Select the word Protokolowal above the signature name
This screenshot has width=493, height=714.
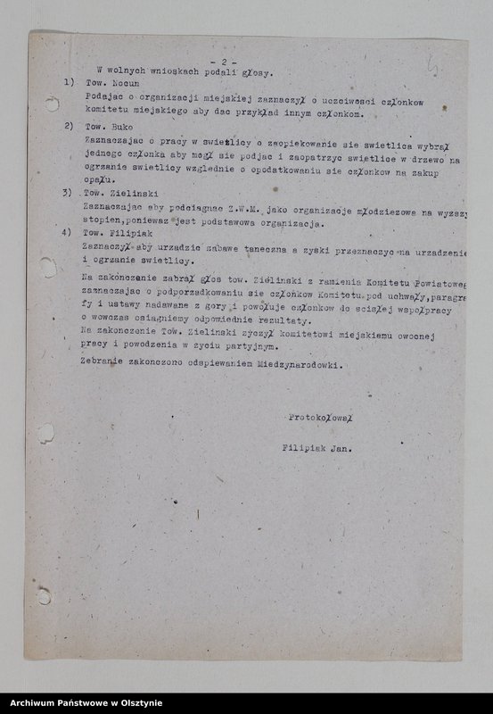click(321, 417)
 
